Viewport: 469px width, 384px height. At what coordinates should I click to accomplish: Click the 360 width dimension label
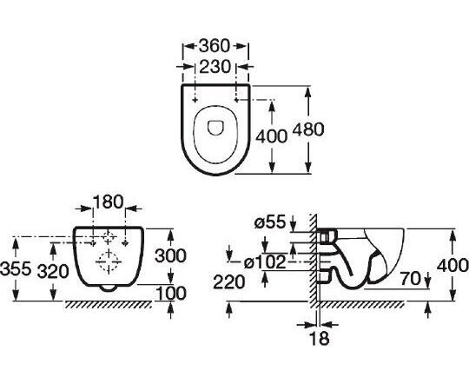215,46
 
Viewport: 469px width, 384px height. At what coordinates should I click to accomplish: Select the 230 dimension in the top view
215,66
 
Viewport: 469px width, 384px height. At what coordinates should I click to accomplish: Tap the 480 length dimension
308,129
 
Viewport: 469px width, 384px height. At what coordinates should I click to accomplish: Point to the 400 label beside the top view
271,136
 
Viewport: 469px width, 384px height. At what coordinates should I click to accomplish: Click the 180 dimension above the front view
108,202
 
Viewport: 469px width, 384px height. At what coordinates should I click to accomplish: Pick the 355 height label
16,268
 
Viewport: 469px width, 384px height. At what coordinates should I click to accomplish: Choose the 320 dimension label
53,272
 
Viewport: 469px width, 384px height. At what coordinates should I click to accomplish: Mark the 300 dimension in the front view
170,256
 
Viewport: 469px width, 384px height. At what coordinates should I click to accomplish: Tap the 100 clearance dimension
171,293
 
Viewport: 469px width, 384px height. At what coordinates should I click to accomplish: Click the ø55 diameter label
270,222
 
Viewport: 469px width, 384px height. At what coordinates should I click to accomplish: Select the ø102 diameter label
265,262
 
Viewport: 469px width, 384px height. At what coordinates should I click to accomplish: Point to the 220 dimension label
228,282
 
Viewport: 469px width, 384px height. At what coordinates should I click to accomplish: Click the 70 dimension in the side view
410,279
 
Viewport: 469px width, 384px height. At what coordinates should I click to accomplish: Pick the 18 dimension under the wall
320,338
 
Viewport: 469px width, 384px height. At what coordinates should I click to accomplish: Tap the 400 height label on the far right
452,266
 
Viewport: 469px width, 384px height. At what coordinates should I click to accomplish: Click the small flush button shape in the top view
215,128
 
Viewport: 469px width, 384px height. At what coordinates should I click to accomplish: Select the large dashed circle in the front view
109,262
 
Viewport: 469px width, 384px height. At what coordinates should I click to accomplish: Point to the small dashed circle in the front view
109,237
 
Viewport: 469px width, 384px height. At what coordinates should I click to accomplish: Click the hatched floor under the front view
109,304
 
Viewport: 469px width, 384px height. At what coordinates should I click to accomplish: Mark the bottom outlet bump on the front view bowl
108,288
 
